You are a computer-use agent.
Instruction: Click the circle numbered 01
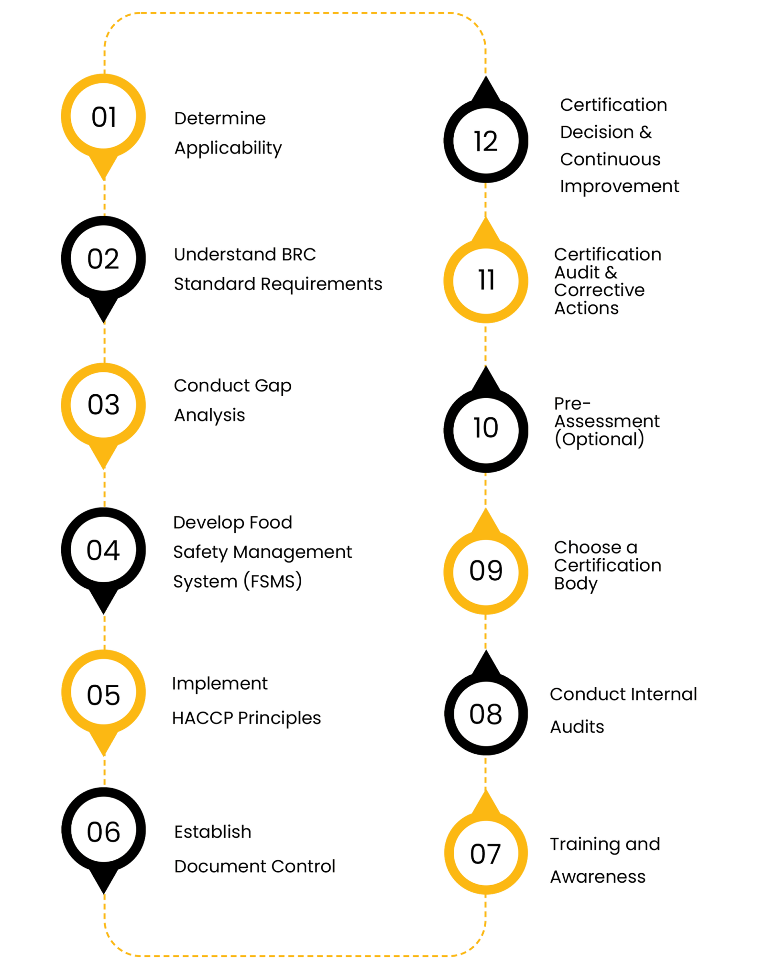click(x=103, y=116)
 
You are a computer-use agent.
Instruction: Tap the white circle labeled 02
click(x=103, y=258)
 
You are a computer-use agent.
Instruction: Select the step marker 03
click(x=103, y=404)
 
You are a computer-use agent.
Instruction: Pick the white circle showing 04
click(x=103, y=550)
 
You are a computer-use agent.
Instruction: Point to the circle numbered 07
click(x=485, y=854)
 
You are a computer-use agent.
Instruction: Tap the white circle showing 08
click(x=486, y=714)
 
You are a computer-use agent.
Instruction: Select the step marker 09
click(x=486, y=572)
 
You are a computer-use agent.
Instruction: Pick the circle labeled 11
click(x=486, y=281)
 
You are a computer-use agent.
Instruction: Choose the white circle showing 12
click(x=486, y=141)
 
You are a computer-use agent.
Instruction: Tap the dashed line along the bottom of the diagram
click(x=295, y=955)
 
